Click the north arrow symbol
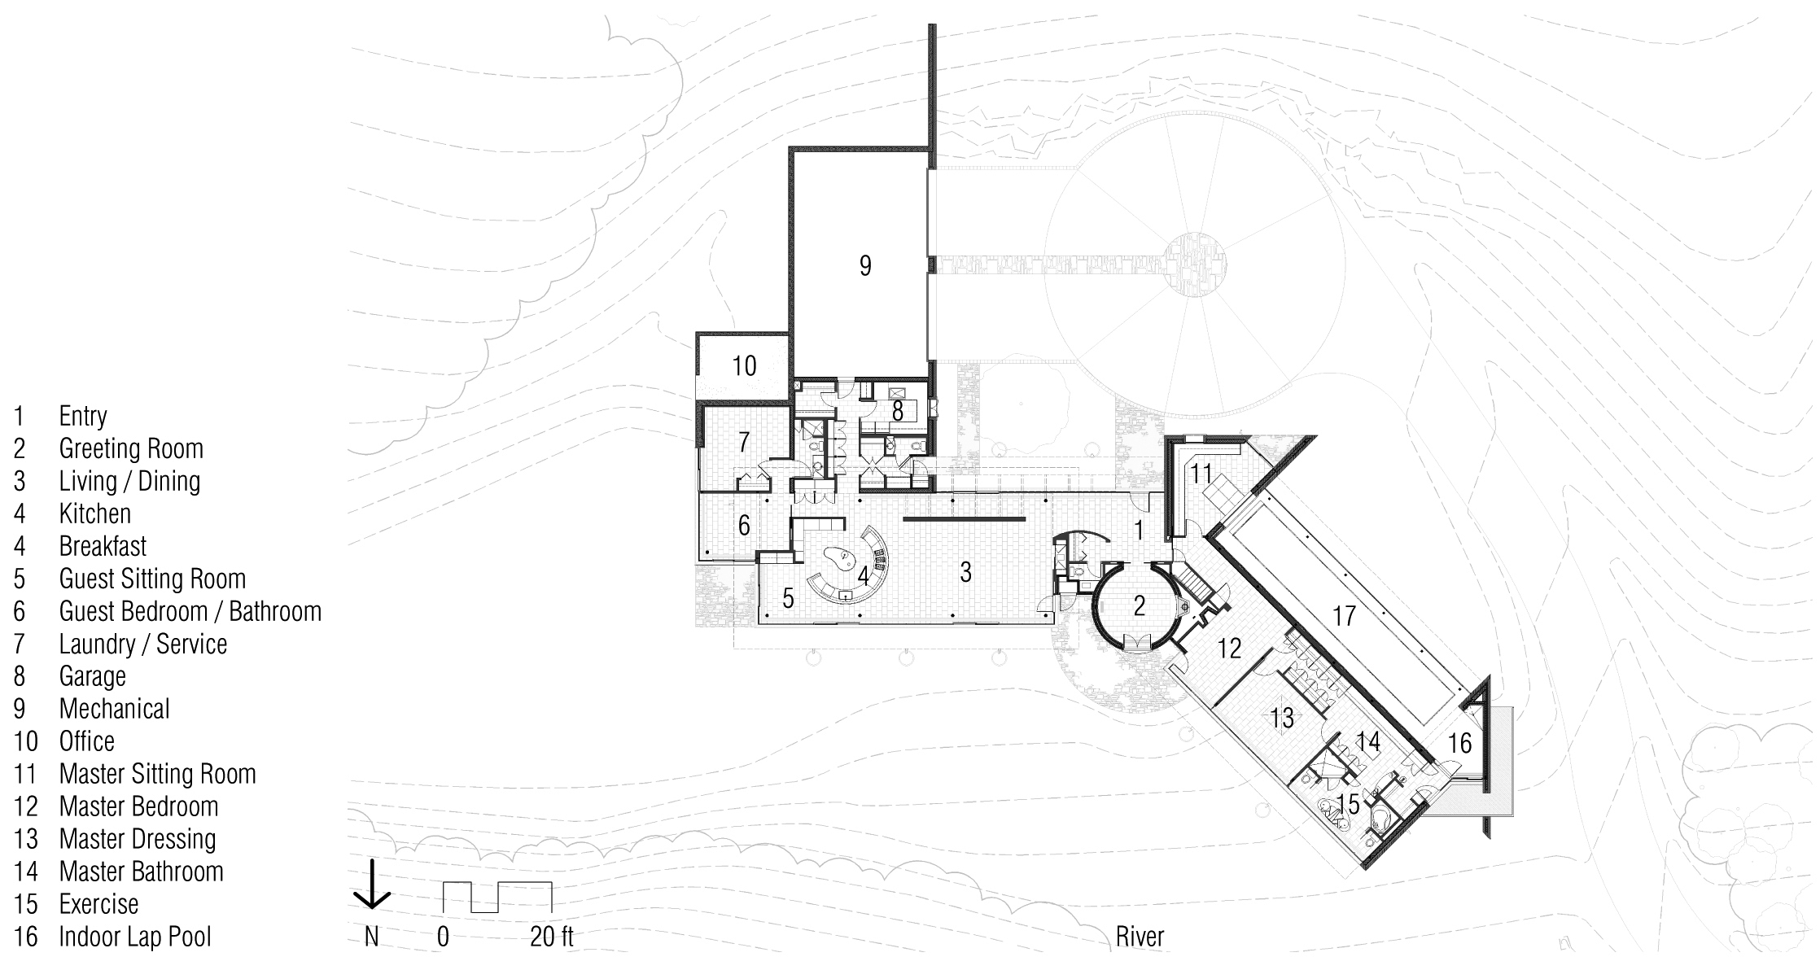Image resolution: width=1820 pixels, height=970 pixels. point(371,885)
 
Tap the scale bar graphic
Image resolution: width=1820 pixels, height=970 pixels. point(497,897)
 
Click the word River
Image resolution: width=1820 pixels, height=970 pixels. point(1140,937)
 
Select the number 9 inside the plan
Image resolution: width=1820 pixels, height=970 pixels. point(865,265)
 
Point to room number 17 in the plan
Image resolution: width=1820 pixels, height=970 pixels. point(1344,615)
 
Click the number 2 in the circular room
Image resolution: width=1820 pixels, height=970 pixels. point(1140,605)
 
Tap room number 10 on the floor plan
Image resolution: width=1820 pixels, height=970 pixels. point(744,366)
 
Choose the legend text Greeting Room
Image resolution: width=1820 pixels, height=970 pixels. point(131,448)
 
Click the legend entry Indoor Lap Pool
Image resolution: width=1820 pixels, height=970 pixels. point(135,937)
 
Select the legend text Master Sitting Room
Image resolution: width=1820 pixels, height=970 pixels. point(158,774)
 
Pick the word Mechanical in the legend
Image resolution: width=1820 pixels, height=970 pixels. point(114,709)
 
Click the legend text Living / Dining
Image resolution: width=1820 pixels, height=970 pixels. point(129,481)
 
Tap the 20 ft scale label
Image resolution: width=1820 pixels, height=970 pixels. point(552,937)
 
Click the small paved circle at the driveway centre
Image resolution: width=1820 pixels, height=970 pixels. point(1192,264)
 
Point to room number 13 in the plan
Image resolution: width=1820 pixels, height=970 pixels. point(1282,718)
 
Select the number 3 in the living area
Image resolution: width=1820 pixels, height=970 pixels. point(965,572)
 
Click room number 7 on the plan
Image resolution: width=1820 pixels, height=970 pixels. point(744,442)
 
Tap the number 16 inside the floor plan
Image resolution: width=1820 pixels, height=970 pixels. point(1460,742)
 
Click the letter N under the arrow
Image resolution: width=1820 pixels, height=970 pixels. point(371,937)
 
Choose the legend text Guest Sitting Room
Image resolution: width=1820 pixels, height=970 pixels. point(152,579)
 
